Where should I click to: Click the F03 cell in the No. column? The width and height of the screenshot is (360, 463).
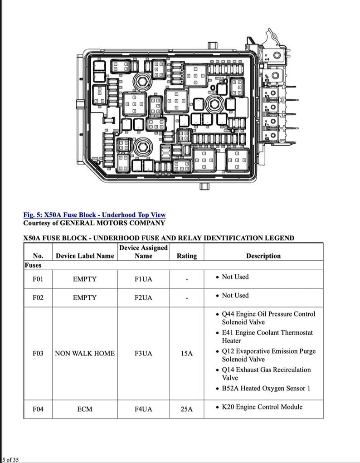(x=38, y=353)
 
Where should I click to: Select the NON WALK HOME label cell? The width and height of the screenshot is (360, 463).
(x=85, y=353)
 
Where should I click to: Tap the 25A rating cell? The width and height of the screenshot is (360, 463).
(x=187, y=409)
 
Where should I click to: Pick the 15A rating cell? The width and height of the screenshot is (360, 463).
(x=187, y=353)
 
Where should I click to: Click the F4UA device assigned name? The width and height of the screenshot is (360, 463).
(x=143, y=409)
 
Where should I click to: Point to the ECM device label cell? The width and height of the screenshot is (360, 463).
(x=85, y=409)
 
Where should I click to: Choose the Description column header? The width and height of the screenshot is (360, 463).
(x=263, y=256)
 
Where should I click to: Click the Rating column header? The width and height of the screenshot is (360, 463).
(x=187, y=256)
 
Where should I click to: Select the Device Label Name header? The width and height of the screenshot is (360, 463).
(x=85, y=256)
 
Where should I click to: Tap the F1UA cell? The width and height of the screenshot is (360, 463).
(x=143, y=279)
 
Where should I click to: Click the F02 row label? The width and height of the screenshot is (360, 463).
(x=38, y=298)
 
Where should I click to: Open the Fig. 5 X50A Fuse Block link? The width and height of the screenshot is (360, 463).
(x=94, y=215)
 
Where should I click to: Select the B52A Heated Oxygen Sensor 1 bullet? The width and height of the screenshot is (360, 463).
(x=266, y=388)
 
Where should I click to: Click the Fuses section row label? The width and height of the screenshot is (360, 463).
(x=33, y=265)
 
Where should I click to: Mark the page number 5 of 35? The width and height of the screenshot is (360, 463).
(x=10, y=459)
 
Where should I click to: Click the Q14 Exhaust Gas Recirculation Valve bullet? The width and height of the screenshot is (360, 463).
(x=266, y=374)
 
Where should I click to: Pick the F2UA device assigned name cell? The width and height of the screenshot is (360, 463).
(x=143, y=298)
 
